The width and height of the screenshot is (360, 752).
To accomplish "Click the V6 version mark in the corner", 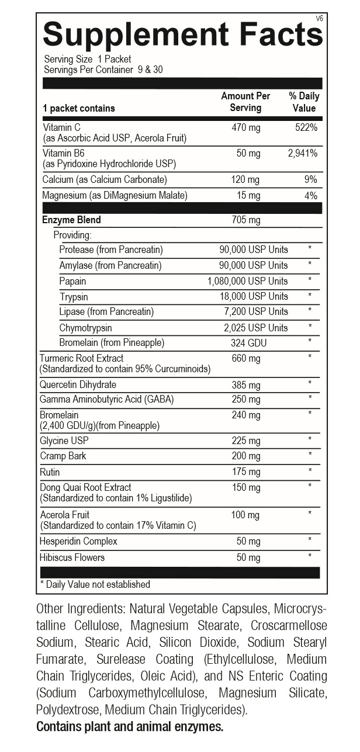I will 319,19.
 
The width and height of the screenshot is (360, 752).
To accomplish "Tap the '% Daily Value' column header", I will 304,102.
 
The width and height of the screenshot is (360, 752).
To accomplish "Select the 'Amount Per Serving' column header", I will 245,102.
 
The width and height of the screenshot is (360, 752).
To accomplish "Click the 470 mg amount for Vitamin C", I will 246,127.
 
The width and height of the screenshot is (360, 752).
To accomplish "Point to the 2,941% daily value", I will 303,153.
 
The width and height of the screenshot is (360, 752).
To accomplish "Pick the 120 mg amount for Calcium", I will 246,179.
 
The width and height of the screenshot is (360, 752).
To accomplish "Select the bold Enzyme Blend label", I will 71,220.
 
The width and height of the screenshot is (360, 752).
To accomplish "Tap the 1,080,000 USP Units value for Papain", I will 248,281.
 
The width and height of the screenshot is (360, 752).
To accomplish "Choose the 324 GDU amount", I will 248,342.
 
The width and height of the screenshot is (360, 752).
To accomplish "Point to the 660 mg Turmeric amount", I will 246,358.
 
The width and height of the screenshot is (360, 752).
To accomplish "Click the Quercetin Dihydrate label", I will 78,384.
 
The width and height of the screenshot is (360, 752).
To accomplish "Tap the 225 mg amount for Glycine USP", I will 246,441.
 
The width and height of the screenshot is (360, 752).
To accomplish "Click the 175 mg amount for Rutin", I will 246,472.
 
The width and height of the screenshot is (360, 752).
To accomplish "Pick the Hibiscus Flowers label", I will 72,557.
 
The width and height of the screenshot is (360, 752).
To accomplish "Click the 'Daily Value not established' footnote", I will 95,584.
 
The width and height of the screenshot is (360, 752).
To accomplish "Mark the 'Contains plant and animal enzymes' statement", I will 130,727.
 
